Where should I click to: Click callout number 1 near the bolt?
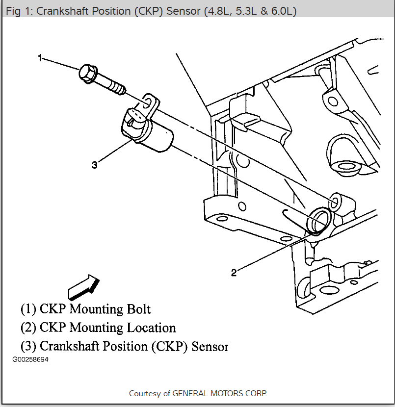(x=40, y=58)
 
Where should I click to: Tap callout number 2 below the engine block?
(x=234, y=273)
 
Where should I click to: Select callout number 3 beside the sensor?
(x=94, y=165)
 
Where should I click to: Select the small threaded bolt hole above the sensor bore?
(x=335, y=202)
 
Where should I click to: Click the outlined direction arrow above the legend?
(x=83, y=286)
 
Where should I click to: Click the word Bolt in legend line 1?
(x=137, y=309)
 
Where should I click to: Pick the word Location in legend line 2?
(x=151, y=328)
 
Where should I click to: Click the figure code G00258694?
(x=31, y=359)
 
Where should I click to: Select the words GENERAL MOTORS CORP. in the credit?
(x=220, y=393)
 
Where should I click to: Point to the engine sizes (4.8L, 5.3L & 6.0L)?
(x=247, y=11)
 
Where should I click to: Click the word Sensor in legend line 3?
(x=210, y=346)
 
